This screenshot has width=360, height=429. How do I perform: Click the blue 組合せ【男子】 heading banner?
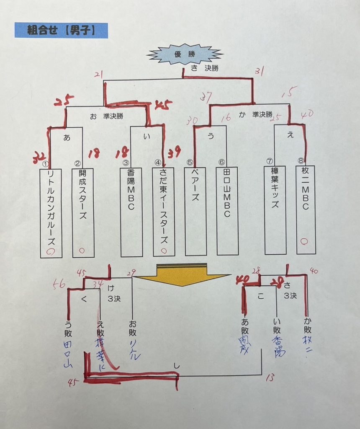61,30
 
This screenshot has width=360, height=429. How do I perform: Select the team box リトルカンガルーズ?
51,213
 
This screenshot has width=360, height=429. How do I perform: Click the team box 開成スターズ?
83,213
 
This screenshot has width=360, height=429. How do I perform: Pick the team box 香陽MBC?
131,212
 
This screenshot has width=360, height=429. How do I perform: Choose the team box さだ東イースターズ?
164,212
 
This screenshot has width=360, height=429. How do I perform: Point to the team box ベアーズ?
195,212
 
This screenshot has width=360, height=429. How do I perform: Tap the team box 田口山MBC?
227,212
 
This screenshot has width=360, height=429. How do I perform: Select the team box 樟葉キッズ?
275,210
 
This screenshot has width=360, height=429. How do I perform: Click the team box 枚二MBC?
306,209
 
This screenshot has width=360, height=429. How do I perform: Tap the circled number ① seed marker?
46,164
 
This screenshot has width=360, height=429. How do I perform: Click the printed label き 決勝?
204,68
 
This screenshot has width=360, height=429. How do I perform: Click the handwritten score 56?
59,284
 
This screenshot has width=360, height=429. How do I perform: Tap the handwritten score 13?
270,378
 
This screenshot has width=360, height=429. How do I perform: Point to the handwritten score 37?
206,97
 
